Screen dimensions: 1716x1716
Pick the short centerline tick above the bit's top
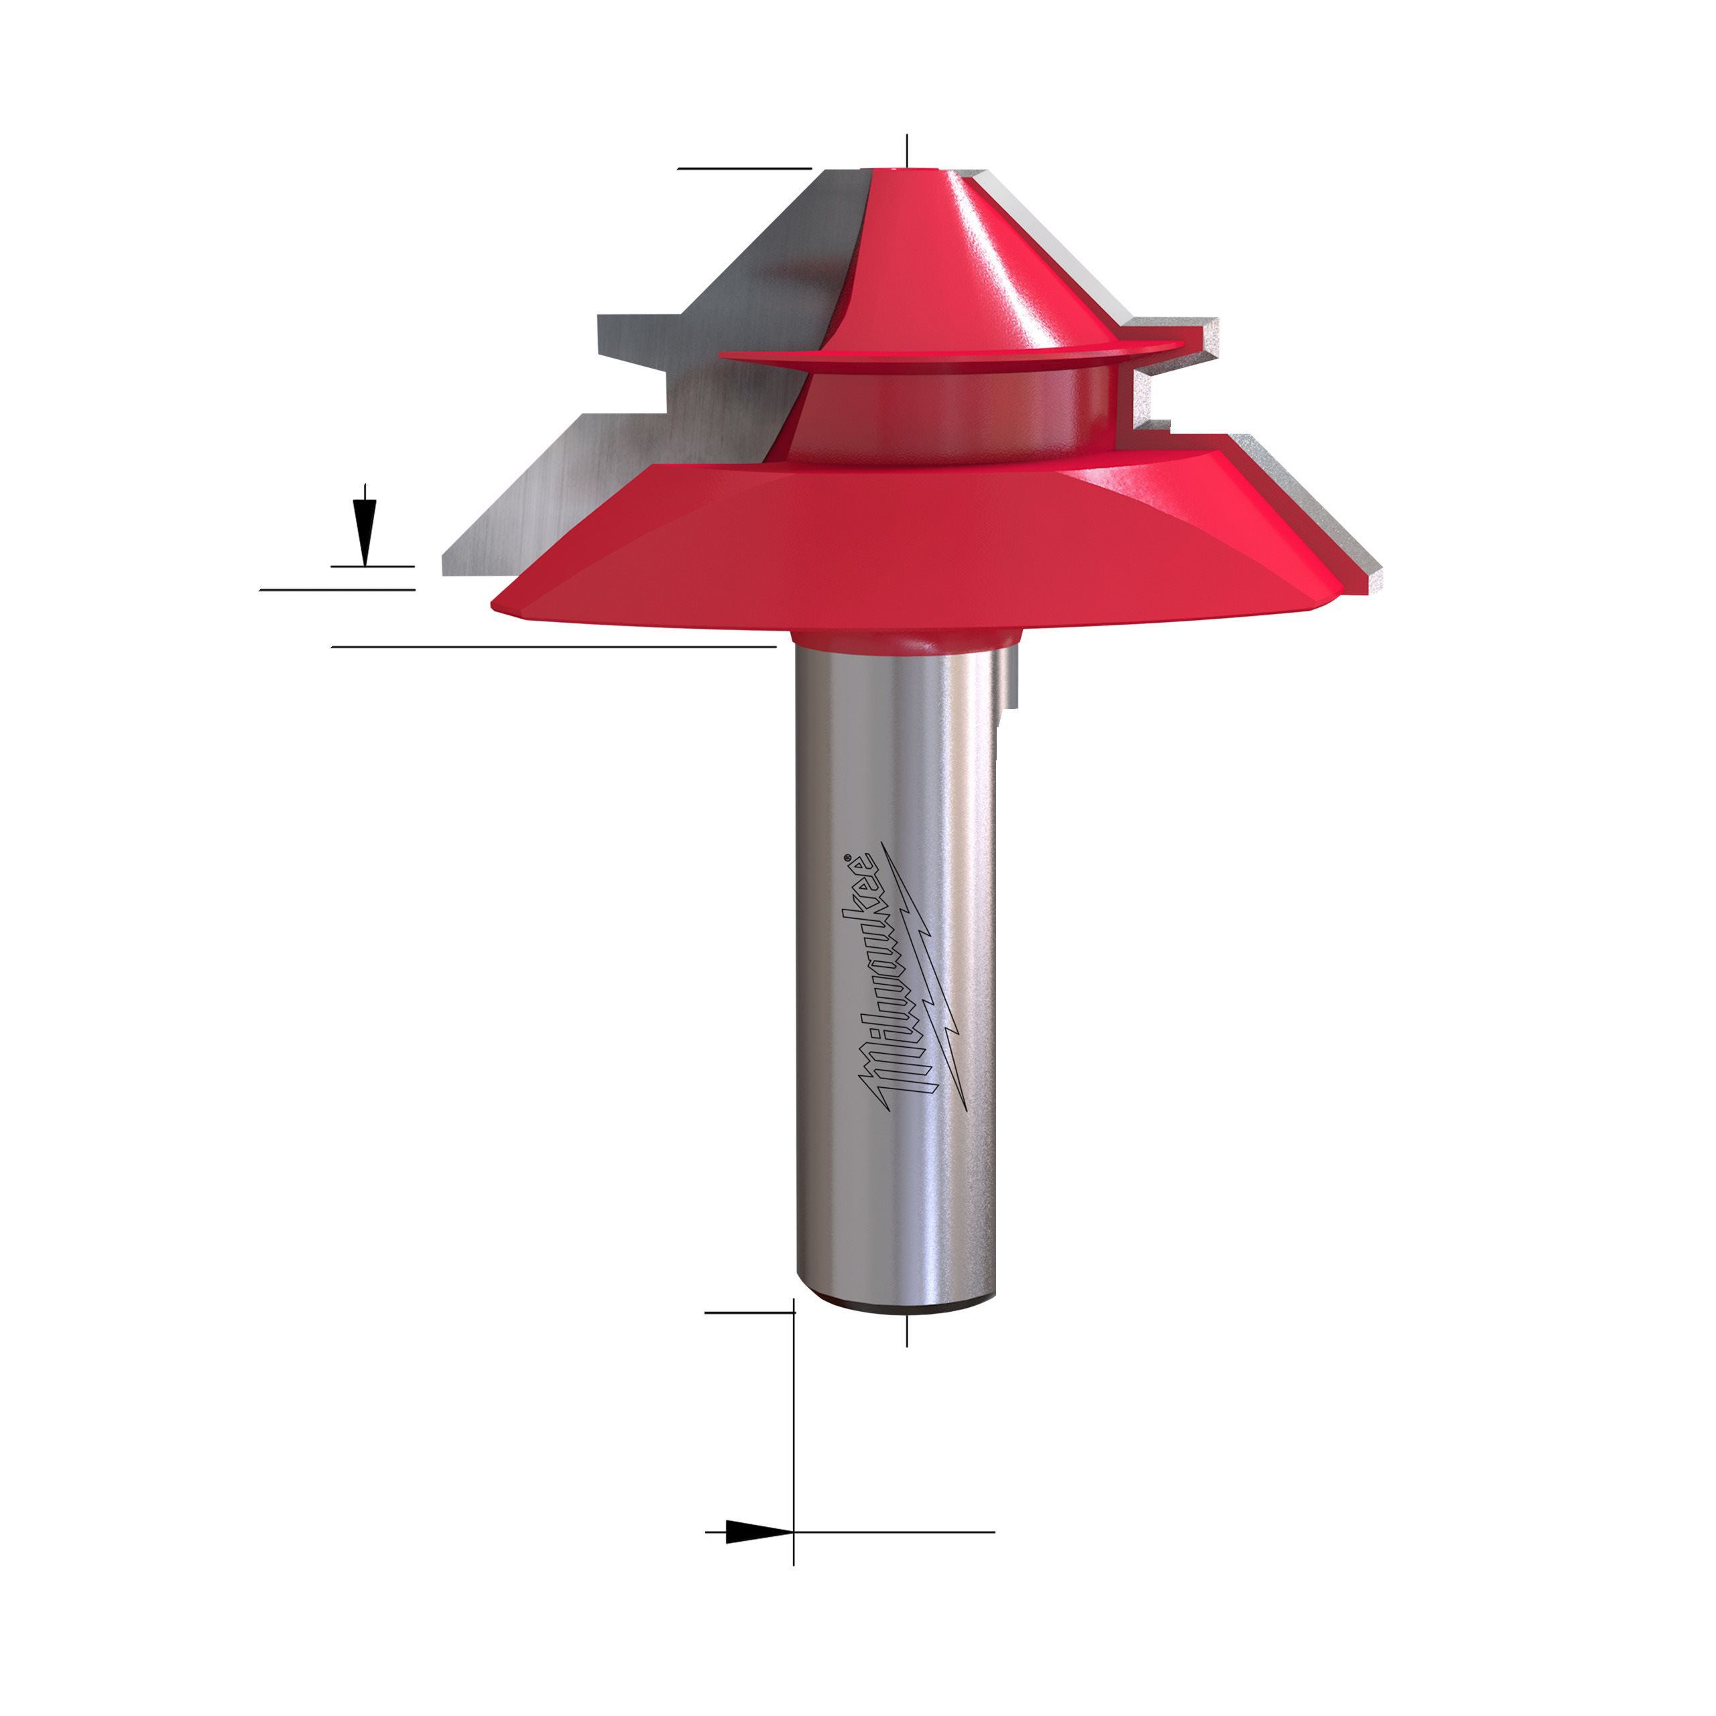point(907,150)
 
